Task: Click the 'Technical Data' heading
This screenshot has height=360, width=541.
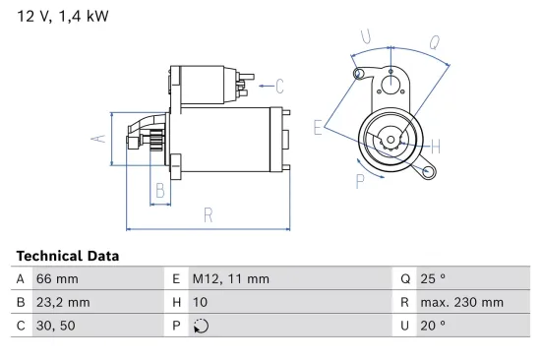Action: point(68,255)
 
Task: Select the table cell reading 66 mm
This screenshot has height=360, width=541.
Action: point(58,278)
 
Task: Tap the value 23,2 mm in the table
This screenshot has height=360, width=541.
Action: point(65,302)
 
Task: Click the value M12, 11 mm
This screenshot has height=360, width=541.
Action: point(229,278)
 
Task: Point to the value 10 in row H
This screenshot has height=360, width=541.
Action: point(199,302)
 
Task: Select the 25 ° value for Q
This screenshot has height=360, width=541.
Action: point(433,278)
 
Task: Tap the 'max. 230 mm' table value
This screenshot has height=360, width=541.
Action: point(460,302)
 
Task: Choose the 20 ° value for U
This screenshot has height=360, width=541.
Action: point(433,326)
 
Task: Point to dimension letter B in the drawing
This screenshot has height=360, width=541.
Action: point(159,191)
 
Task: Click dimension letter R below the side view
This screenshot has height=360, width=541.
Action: point(209,214)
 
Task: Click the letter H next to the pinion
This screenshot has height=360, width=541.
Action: point(435,146)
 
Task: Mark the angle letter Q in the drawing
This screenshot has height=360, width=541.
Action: point(435,41)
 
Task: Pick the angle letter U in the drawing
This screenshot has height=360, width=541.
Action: point(366,37)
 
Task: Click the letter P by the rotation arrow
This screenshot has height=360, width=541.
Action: point(360,179)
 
